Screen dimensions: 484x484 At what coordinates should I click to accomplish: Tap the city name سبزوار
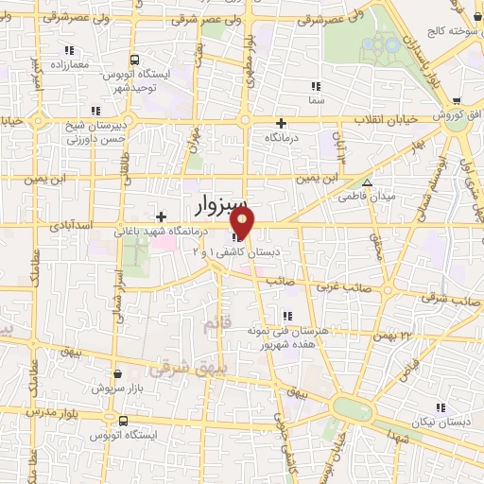point(222,204)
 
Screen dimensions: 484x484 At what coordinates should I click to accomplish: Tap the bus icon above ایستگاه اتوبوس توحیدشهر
point(134,59)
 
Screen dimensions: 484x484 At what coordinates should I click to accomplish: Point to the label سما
point(316,98)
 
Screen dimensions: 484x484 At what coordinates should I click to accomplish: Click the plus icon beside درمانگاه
point(280,122)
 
